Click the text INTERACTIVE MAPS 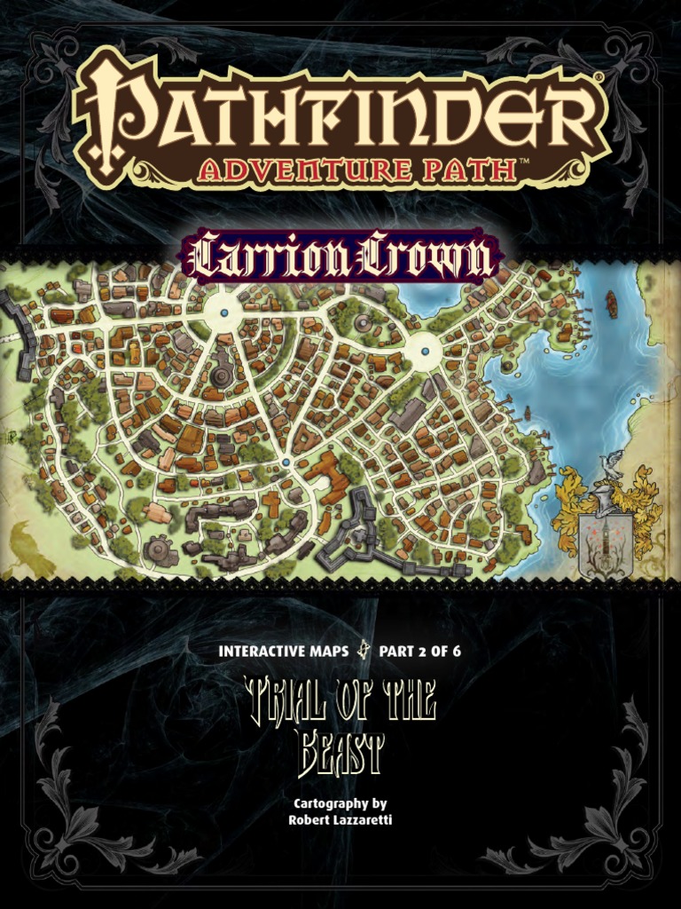pyautogui.click(x=282, y=651)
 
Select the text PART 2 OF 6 pyautogui.click(x=419, y=651)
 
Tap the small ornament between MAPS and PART pyautogui.click(x=362, y=651)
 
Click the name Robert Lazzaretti pyautogui.click(x=340, y=819)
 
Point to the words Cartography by pyautogui.click(x=340, y=803)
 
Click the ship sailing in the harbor pyautogui.click(x=611, y=304)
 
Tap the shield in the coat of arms pyautogui.click(x=605, y=546)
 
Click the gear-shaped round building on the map pyautogui.click(x=160, y=550)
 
